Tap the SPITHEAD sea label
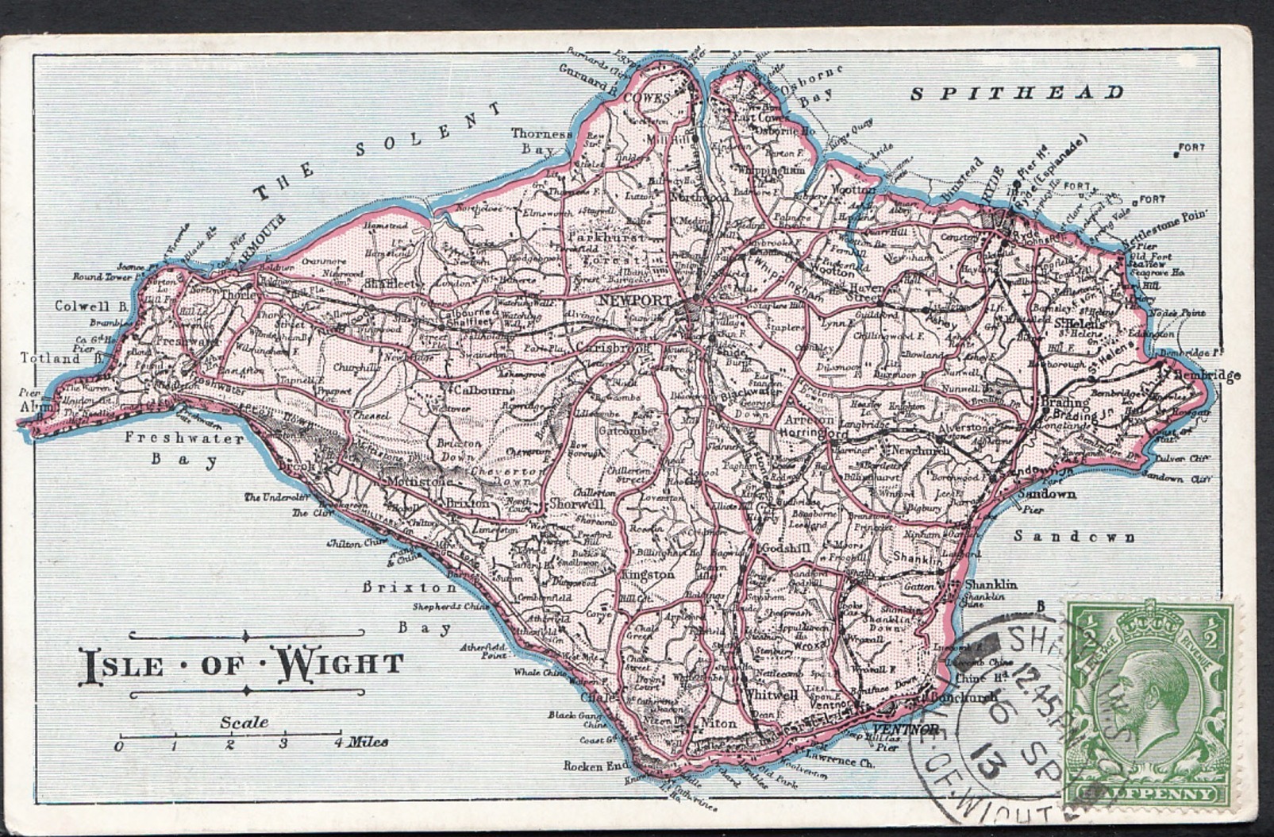point(1017,93)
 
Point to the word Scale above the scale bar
point(244,723)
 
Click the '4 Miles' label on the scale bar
point(361,742)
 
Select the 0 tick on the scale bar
point(119,746)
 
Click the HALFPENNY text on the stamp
point(1147,793)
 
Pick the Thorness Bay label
point(541,141)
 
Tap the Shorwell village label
point(576,503)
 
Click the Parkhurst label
point(608,237)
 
